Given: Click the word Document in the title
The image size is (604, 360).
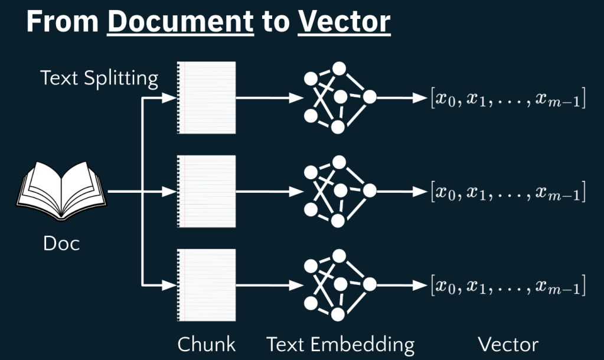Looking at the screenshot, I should tap(181, 22).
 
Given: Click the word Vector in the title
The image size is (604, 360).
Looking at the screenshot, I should tap(344, 22).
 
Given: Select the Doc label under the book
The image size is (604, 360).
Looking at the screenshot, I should tap(61, 243).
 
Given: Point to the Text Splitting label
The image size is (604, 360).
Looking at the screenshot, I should tap(99, 77).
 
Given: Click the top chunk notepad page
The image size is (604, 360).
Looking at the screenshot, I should tap(207, 98).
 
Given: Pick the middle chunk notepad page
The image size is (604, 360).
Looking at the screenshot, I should tap(207, 192).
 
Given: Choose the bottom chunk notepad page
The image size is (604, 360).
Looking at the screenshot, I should tap(207, 285).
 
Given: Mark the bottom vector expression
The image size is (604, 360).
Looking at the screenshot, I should tap(508, 287).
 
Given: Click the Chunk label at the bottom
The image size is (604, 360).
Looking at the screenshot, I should tap(207, 345).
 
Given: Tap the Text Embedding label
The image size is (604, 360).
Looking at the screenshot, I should tap(341, 345).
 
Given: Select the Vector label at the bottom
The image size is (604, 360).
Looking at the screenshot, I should tap(508, 345).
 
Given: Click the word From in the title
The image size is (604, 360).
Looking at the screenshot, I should tap(62, 22).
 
